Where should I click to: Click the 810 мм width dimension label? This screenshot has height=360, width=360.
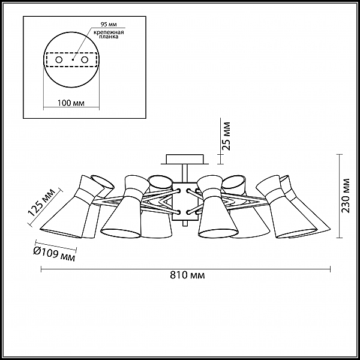(187, 275)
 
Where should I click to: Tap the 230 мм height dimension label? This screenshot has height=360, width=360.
(346, 196)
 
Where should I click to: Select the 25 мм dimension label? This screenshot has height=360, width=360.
(226, 136)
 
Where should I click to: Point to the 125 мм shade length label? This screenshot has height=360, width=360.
(41, 203)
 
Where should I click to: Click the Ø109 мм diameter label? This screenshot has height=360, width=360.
(55, 255)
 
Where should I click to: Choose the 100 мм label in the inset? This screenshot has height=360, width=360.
(71, 103)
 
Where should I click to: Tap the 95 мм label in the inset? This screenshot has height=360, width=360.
(109, 24)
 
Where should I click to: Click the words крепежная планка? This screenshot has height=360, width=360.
(109, 34)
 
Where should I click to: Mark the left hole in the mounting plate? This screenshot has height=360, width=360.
(59, 60)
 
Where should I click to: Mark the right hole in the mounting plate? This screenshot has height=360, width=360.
(85, 60)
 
